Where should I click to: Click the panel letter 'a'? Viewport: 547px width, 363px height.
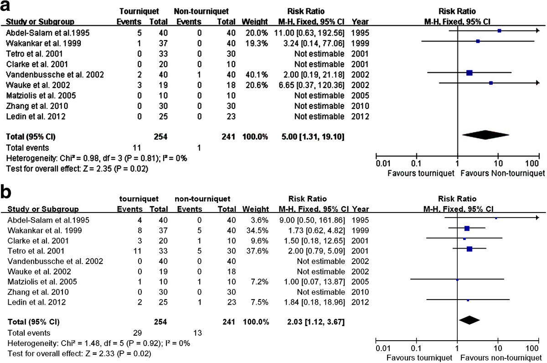pyautogui.click(x=5, y=6)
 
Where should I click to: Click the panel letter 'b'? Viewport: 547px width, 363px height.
pyautogui.click(x=6, y=192)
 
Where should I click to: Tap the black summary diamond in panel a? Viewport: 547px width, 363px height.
pyautogui.click(x=485, y=135)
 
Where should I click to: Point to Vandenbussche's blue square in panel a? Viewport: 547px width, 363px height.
pyautogui.click(x=470, y=73)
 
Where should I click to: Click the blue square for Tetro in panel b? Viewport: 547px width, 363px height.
pyautogui.click(x=470, y=249)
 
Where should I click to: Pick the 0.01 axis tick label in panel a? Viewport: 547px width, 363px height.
pyautogui.click(x=383, y=163)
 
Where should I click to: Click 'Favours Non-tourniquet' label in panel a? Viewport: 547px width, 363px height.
pyautogui.click(x=502, y=173)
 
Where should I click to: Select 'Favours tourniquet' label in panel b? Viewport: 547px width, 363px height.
pyautogui.click(x=419, y=358)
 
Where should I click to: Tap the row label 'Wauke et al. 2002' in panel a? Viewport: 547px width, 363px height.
pyautogui.click(x=38, y=85)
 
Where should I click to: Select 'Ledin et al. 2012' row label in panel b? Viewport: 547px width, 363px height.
pyautogui.click(x=36, y=302)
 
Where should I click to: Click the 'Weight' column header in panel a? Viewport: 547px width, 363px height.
pyautogui.click(x=255, y=22)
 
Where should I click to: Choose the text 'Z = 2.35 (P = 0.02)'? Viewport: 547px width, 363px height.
pyautogui.click(x=115, y=169)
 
